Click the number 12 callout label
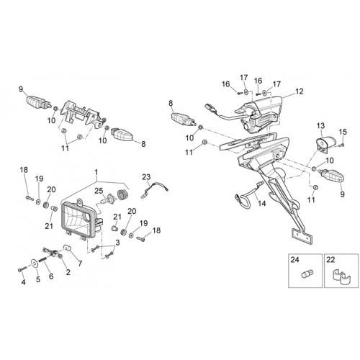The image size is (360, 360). [x=300, y=91]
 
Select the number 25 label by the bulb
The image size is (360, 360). [x=99, y=191]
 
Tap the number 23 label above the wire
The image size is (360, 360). [x=146, y=177]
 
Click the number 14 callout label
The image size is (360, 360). [x=262, y=204]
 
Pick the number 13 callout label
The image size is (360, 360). [x=320, y=126]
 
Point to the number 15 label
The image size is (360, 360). [x=343, y=132]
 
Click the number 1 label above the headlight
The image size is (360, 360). [x=96, y=172]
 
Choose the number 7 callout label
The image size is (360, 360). [x=80, y=264]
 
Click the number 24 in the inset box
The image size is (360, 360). [x=295, y=260]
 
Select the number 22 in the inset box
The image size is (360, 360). [x=330, y=260]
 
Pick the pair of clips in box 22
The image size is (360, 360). [x=341, y=276]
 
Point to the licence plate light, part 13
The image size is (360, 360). [x=325, y=143]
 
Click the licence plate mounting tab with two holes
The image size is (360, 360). [x=302, y=237]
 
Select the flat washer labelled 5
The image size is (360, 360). [x=35, y=264]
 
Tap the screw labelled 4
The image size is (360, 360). [x=21, y=269]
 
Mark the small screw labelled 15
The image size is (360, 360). [x=342, y=145]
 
